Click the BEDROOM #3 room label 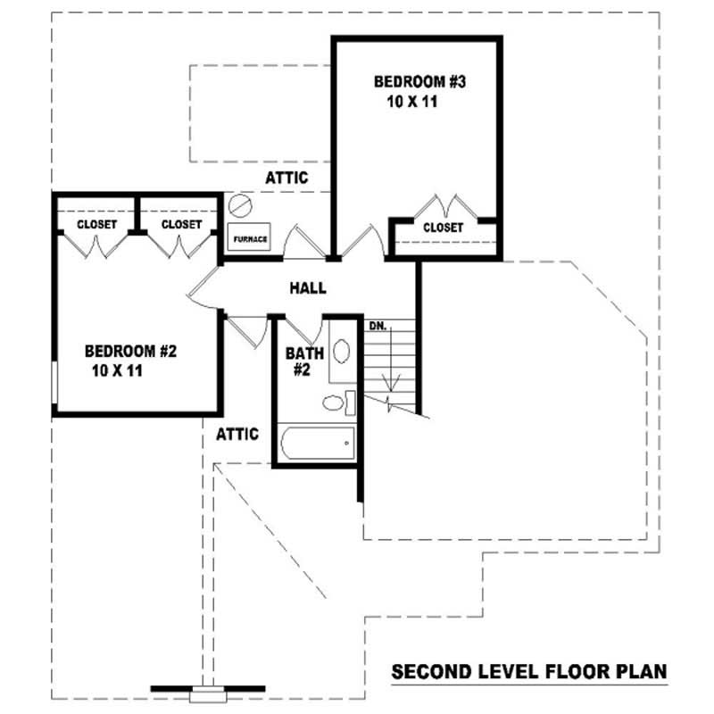(420, 82)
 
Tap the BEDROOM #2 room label (131, 350)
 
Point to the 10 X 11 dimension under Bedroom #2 (117, 369)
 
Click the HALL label (307, 288)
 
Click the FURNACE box (250, 239)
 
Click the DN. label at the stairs (378, 327)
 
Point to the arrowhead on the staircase (390, 385)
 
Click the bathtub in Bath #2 (318, 443)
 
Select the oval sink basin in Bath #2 (340, 350)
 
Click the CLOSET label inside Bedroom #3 (443, 228)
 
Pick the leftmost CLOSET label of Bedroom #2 (96, 224)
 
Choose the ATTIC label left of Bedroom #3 (286, 178)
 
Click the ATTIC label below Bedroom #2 (237, 435)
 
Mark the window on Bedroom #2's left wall (55, 384)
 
